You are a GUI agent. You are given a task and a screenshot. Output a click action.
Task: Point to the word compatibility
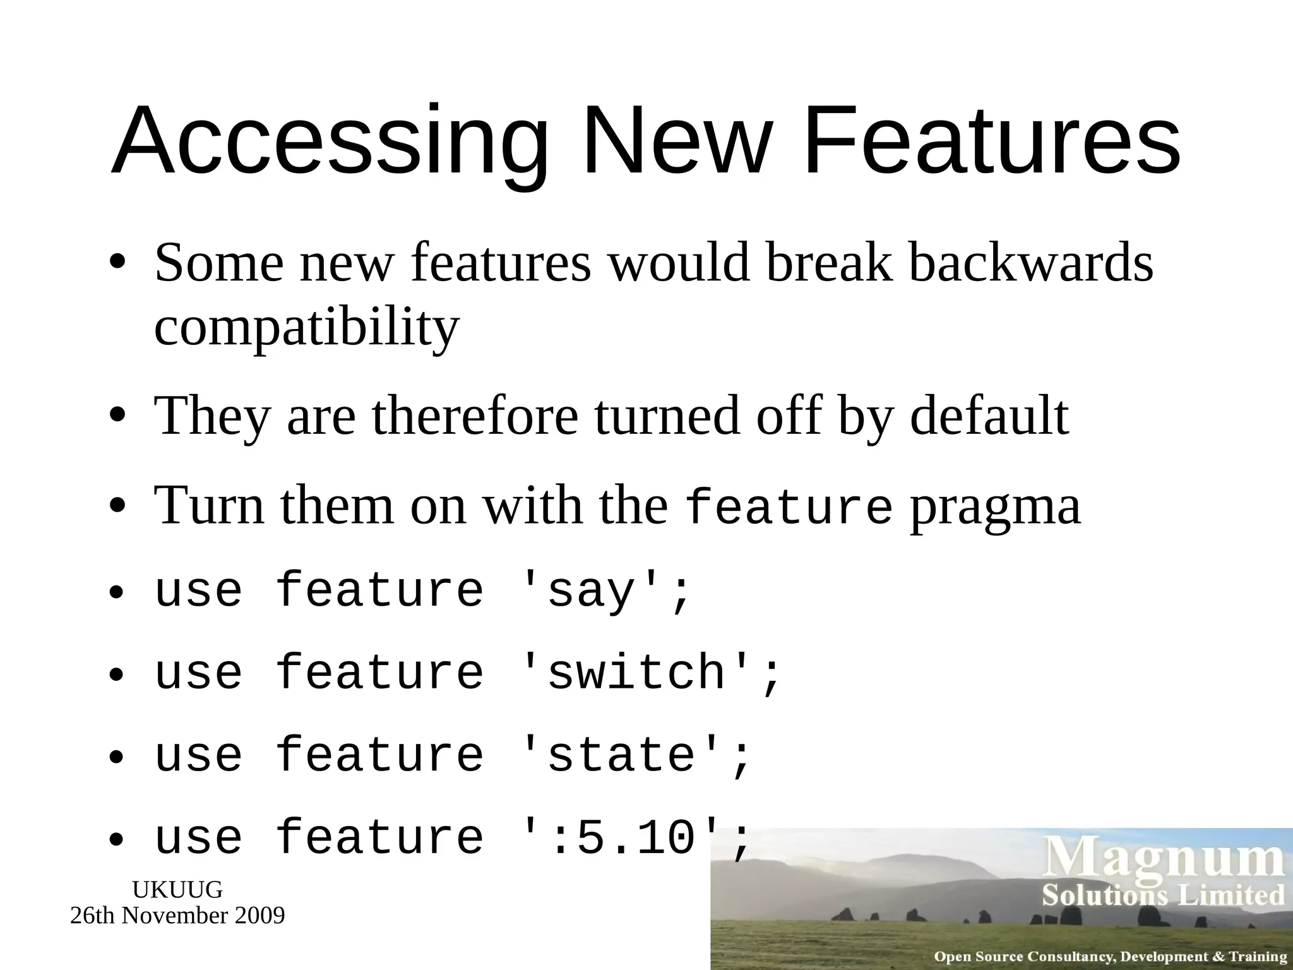tap(307, 327)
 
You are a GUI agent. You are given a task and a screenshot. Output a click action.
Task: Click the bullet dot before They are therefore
tap(117, 416)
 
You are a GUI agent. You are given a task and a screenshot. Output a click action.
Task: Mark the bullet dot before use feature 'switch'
tap(117, 674)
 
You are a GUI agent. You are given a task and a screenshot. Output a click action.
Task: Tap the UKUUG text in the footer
tap(177, 890)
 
